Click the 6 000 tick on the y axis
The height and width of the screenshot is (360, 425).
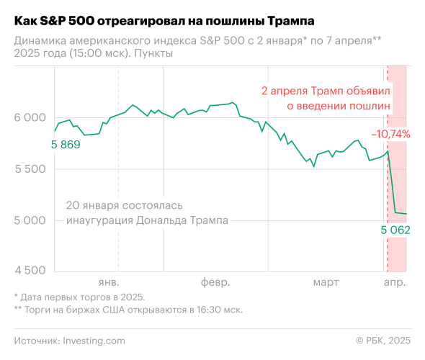coord(30,118)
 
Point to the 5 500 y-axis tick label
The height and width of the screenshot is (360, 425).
coord(30,169)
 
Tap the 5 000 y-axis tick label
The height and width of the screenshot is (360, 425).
coord(30,220)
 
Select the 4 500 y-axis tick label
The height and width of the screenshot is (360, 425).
coord(30,271)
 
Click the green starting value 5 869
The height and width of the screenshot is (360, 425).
coord(66,144)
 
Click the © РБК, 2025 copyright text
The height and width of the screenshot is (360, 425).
coord(384,340)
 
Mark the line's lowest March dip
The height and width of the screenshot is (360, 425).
coord(313,166)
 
